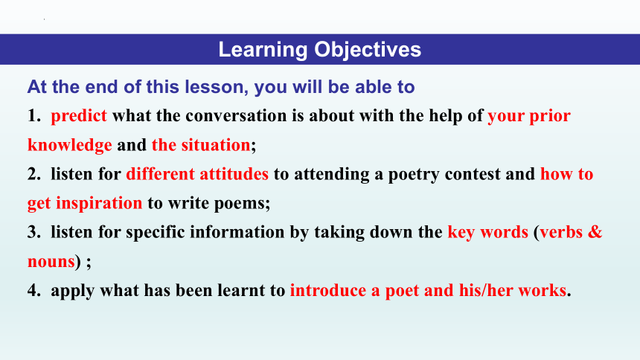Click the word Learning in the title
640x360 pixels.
263,50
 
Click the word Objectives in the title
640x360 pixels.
368,50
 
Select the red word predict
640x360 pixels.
79,116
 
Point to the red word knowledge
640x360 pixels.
70,145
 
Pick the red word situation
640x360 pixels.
216,145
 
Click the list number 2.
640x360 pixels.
34,174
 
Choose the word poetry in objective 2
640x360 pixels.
414,175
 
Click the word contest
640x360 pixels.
473,174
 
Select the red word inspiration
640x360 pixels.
99,203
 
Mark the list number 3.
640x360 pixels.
34,233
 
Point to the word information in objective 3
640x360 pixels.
237,232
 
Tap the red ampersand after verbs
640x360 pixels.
595,232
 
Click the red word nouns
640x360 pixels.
51,262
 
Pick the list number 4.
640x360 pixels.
34,291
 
